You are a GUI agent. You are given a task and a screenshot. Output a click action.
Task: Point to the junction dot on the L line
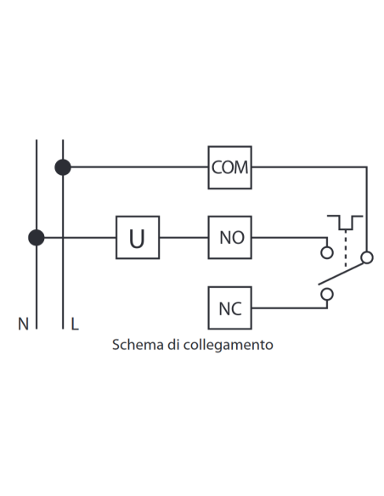63,167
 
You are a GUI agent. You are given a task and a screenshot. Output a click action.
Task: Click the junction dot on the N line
37,238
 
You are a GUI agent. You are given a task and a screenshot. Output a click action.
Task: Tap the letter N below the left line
24,324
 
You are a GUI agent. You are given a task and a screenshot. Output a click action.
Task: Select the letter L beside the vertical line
75,324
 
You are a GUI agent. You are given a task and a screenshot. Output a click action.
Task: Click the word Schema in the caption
138,345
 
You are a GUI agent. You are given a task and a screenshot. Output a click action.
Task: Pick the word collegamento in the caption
228,345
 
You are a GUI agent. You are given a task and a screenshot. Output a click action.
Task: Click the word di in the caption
173,345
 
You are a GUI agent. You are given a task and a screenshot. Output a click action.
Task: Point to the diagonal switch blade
341,273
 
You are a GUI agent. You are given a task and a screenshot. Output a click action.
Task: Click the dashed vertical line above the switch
346,248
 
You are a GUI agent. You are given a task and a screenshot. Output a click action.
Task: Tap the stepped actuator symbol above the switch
345,223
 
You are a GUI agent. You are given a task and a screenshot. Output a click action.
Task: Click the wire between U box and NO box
184,237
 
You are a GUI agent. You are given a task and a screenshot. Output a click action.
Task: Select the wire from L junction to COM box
139,166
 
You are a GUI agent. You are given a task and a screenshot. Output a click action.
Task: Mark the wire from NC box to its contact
290,307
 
